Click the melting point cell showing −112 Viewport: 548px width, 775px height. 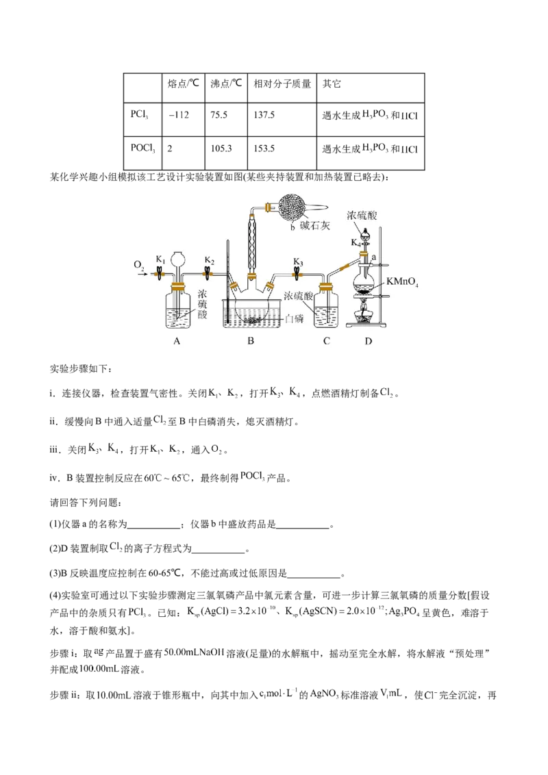pos(179,115)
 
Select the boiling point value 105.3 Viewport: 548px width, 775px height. pos(221,149)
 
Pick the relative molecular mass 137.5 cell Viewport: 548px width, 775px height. pos(264,115)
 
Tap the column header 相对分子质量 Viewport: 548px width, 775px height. pos(282,84)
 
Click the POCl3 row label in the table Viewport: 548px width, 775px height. pos(143,149)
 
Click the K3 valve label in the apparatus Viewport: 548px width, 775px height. pos(297,261)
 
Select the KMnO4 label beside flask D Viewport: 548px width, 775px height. pos(402,282)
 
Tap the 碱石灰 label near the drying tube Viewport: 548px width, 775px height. pos(315,226)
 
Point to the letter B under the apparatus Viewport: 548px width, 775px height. pos(251,341)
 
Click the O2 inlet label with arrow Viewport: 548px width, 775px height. pos(140,267)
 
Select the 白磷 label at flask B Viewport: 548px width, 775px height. pos(294,319)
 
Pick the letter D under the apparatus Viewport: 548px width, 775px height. pos(368,341)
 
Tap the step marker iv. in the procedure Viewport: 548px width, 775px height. pos(54,478)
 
